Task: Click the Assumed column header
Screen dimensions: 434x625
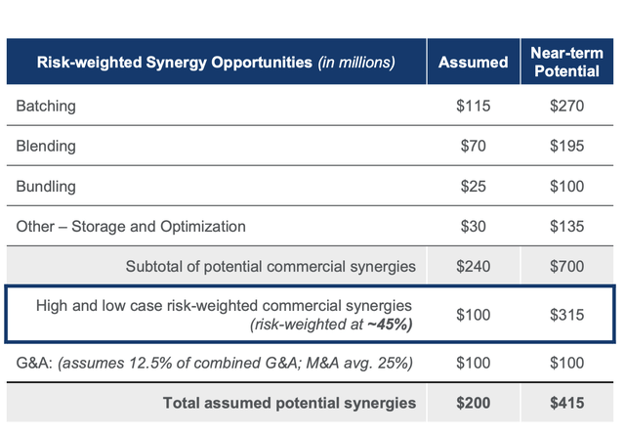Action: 474,63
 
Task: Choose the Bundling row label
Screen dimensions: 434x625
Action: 47,186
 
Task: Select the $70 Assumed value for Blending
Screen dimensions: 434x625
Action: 474,147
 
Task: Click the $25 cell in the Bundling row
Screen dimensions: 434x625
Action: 474,186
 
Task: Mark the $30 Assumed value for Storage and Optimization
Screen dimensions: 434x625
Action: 474,226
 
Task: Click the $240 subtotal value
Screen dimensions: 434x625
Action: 474,265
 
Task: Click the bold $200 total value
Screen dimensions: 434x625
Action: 474,402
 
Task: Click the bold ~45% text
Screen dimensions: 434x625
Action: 392,325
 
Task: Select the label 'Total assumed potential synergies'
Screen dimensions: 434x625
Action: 290,402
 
